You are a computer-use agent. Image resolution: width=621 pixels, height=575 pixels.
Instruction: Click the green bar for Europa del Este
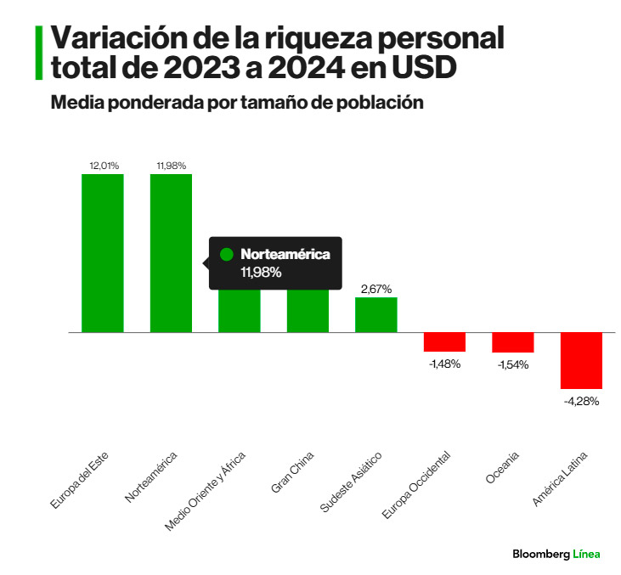pyautogui.click(x=103, y=252)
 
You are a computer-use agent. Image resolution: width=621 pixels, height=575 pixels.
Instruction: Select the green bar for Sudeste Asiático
pyautogui.click(x=376, y=314)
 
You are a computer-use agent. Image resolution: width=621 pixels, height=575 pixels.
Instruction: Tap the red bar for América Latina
pyautogui.click(x=581, y=360)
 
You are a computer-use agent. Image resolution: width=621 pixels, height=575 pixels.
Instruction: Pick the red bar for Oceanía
pyautogui.click(x=513, y=342)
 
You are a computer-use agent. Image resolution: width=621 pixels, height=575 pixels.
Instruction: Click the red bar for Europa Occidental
pyautogui.click(x=444, y=341)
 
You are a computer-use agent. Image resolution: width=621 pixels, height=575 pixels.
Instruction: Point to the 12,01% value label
pyautogui.click(x=103, y=166)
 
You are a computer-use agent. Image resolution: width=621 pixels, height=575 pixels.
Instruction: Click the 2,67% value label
pyautogui.click(x=376, y=289)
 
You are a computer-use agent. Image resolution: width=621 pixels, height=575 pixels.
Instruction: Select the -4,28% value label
pyautogui.click(x=582, y=401)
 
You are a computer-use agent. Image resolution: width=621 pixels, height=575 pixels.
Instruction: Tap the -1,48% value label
pyautogui.click(x=444, y=364)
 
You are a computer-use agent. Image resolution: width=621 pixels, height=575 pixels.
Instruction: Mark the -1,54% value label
pyautogui.click(x=513, y=364)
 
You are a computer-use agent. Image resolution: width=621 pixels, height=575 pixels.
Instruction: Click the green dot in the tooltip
pyautogui.click(x=226, y=254)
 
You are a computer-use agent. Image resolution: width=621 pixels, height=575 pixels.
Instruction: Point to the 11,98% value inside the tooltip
pyautogui.click(x=261, y=273)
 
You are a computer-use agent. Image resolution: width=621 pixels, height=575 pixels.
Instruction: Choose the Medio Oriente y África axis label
pyautogui.click(x=206, y=490)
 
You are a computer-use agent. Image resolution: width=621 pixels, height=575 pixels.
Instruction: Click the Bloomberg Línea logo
pyautogui.click(x=556, y=554)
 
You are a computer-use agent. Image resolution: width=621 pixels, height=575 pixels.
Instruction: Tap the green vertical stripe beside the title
pyautogui.click(x=38, y=53)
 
